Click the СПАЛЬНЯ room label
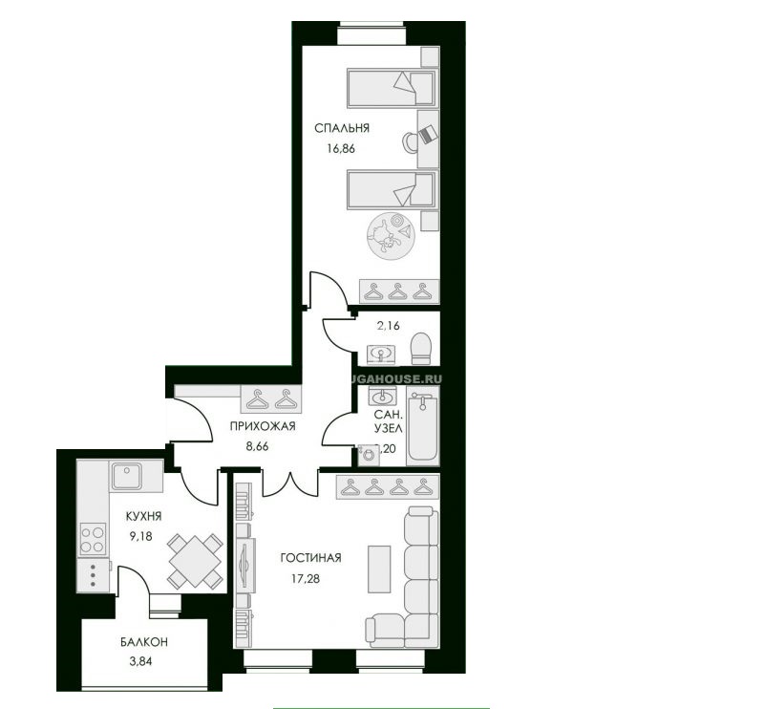342,128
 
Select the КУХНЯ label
130,516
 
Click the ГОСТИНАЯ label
311,558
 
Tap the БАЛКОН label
126,644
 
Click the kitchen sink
126,475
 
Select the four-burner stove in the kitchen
93,538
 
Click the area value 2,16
388,326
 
